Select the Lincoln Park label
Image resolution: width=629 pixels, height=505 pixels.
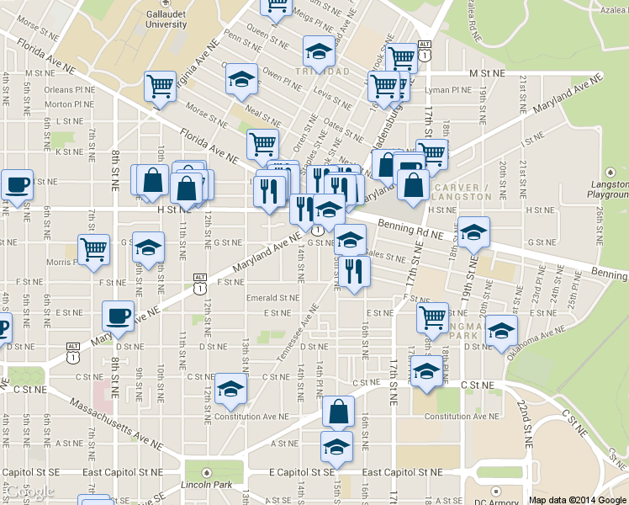point(206,486)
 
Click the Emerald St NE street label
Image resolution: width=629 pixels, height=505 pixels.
point(272,297)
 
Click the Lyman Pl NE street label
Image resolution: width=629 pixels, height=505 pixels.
point(450,90)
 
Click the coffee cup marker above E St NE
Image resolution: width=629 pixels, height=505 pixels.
point(118,316)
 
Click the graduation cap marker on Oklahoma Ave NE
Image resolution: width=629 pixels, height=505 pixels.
point(501,329)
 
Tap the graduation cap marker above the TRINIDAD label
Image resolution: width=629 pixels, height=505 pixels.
point(317,52)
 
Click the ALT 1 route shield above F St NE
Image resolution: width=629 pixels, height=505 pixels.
point(199,283)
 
